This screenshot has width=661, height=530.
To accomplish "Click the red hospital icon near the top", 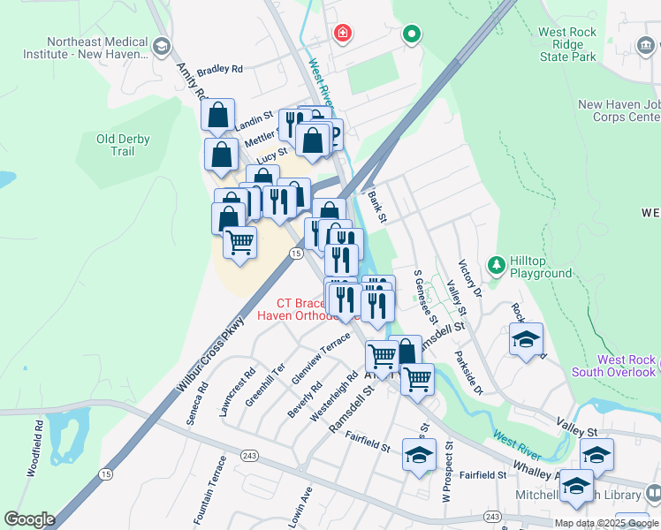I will (342, 34).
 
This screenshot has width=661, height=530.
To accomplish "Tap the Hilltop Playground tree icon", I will (497, 264).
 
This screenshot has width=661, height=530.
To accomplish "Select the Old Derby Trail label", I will (123, 145).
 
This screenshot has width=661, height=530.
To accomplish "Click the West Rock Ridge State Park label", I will (580, 44).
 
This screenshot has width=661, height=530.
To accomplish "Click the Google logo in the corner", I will (29, 519).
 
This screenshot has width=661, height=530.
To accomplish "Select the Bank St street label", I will (377, 208).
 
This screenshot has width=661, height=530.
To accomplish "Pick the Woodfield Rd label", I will (37, 450).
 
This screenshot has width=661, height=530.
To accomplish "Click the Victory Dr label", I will (468, 278).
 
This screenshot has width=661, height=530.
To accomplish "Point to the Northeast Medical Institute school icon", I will (161, 46).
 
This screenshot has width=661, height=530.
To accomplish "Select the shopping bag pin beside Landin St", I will (217, 116).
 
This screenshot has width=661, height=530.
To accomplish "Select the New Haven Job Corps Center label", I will (619, 110).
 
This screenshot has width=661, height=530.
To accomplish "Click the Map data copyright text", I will (606, 522).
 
